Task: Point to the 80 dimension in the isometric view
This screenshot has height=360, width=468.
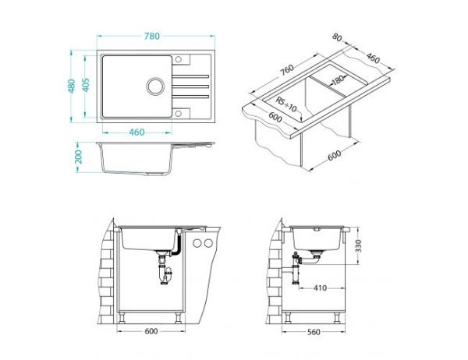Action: tap(337, 37)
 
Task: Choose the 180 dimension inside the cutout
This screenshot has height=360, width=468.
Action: tap(337, 79)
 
